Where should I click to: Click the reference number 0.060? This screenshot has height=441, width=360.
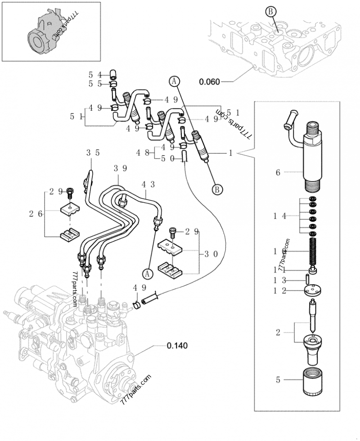[x=210, y=81]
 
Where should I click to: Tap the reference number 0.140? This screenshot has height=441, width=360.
[x=177, y=346]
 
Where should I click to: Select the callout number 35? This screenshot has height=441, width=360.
[x=92, y=153]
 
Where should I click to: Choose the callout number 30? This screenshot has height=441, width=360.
[x=211, y=254]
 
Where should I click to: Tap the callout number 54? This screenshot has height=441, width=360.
[x=95, y=75]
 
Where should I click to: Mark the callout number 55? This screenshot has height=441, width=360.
[x=95, y=84]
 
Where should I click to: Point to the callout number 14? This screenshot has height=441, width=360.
[x=279, y=216]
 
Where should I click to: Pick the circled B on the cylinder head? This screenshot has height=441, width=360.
[x=270, y=13]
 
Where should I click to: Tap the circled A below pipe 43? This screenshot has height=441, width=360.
[x=147, y=273]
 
